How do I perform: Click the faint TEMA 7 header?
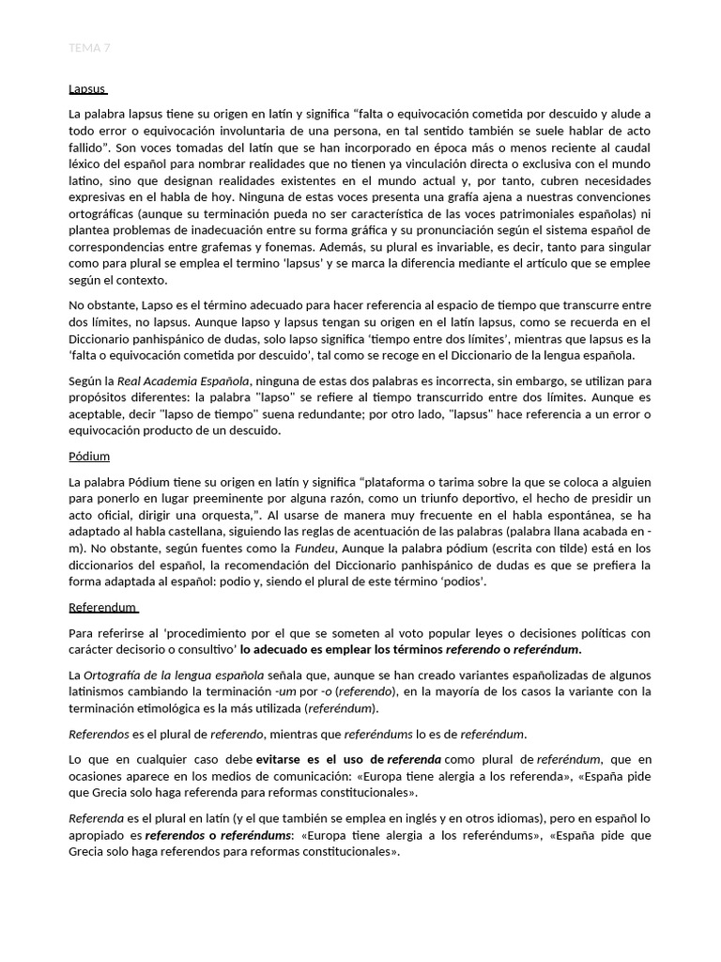[x=90, y=47]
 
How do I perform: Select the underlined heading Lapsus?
[x=87, y=89]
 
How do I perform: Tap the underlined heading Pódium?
[x=89, y=456]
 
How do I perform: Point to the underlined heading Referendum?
[x=103, y=607]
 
